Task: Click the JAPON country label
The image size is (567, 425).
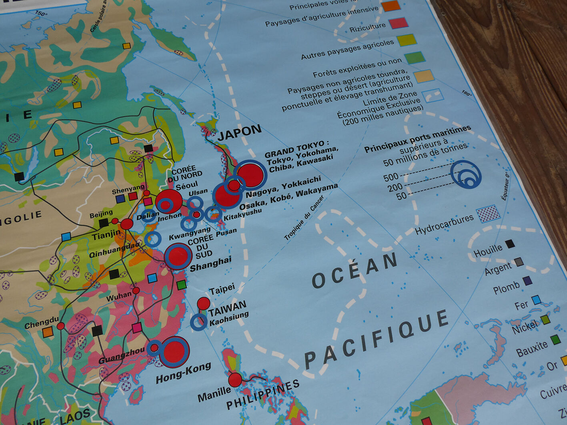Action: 239,132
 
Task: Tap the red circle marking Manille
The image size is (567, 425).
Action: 235,379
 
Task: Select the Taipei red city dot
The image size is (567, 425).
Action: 203,303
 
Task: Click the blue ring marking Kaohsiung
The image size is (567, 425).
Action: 198,322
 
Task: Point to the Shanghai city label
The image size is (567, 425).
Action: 210,264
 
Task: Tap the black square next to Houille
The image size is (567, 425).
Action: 509,244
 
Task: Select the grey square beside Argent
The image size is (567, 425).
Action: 519,262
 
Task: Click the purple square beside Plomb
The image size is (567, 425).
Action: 528,281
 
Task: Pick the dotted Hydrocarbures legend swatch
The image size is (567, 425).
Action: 488,213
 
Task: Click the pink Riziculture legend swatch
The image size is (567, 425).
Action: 399,23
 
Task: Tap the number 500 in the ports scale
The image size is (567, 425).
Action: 391,177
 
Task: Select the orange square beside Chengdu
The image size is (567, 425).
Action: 48,332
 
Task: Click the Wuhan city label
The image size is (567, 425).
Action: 119,297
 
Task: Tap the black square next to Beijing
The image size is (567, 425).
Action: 104,223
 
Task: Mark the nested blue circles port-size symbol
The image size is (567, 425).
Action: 466,175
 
